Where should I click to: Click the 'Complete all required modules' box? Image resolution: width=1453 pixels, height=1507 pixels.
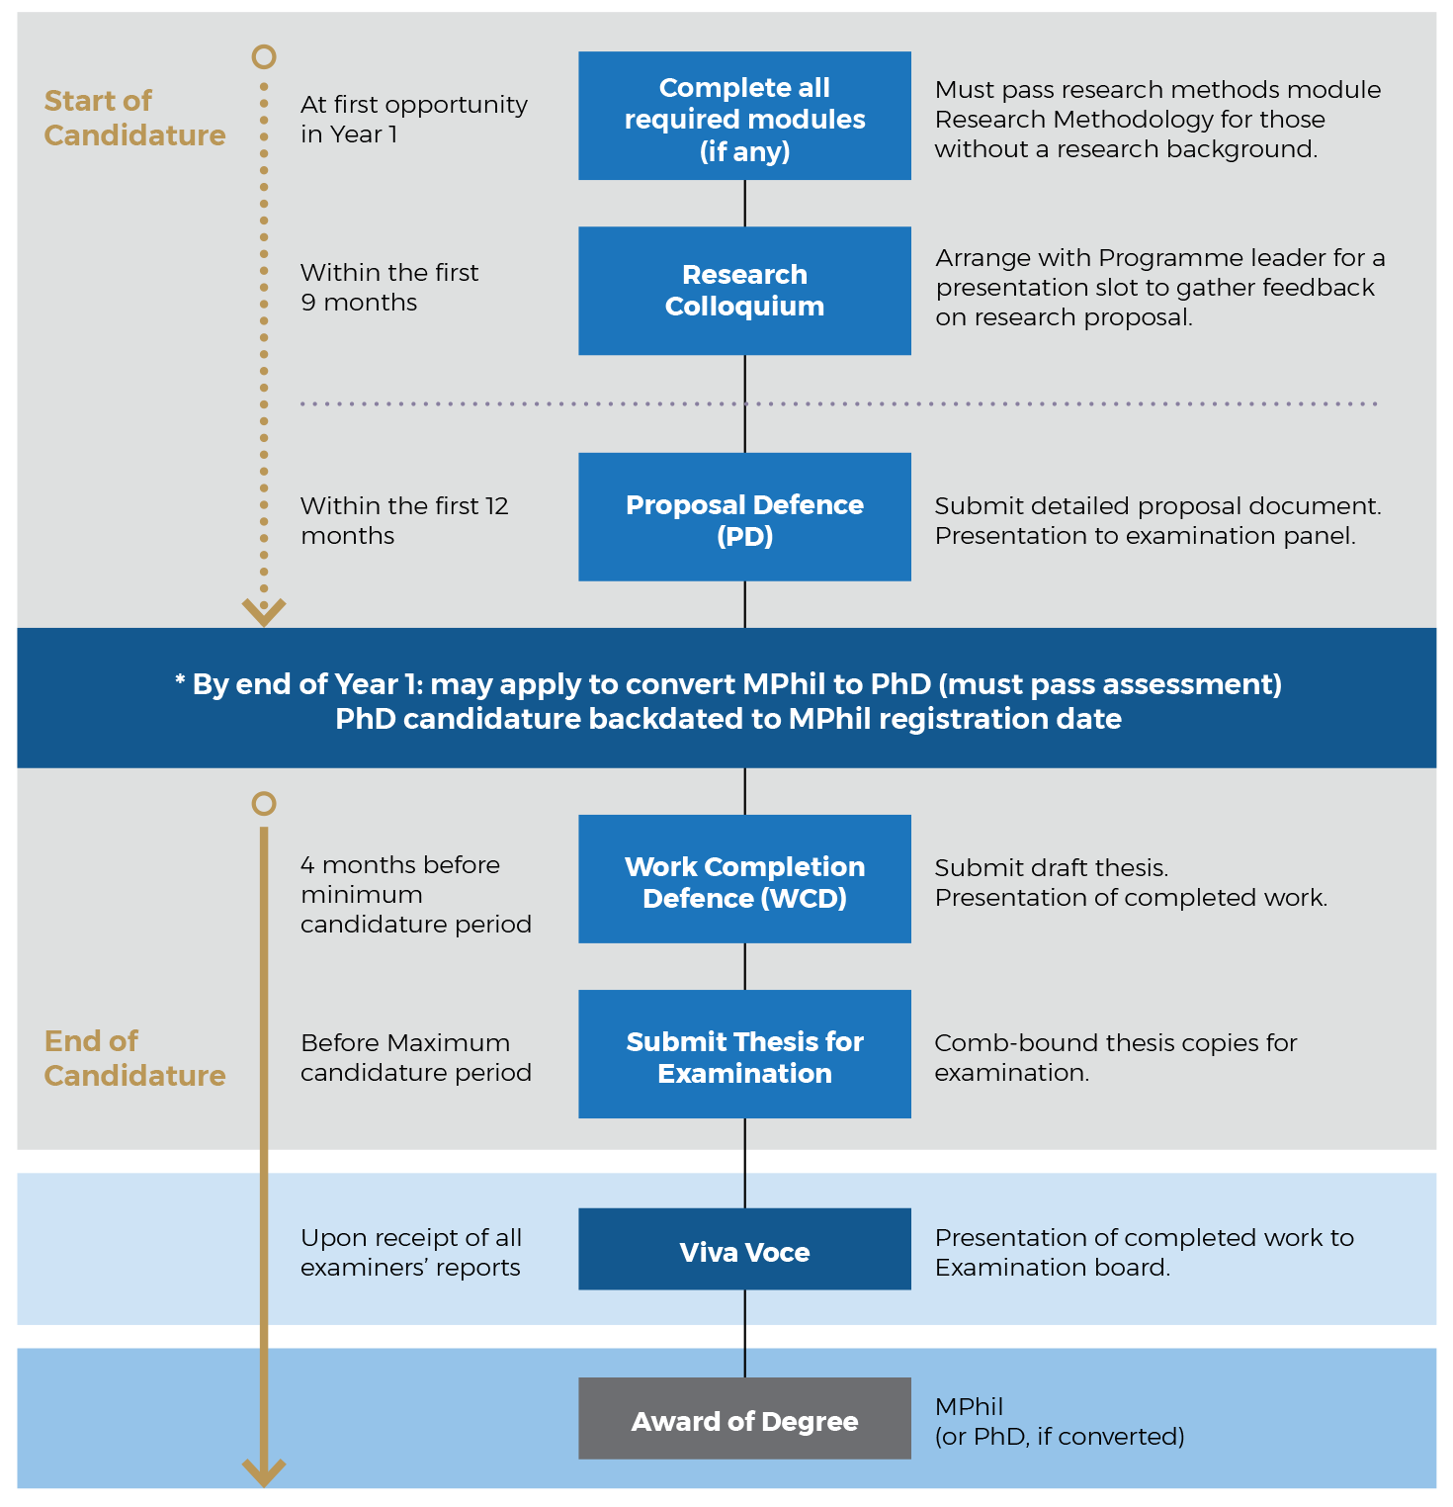tap(744, 116)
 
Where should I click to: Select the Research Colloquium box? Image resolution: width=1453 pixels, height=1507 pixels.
tap(744, 291)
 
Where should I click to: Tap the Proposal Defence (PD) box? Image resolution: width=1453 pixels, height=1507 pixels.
tap(744, 516)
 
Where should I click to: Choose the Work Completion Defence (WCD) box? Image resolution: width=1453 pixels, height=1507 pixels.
tap(744, 879)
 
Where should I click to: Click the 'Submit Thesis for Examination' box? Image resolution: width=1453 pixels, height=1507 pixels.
tap(744, 1054)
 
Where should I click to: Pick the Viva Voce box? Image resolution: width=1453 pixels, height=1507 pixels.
tap(744, 1249)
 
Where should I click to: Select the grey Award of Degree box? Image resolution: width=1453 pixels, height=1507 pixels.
tap(744, 1418)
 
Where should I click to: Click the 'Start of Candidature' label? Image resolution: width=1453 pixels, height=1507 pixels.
tap(134, 118)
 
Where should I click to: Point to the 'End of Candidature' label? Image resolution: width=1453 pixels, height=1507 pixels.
tap(134, 1058)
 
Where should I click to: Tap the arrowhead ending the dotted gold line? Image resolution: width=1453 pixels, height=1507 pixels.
tap(264, 612)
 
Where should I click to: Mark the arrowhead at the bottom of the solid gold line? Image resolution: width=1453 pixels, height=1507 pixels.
tap(264, 1472)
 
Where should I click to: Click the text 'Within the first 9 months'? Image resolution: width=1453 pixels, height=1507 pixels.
tap(389, 287)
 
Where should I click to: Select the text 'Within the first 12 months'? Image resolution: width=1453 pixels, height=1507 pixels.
tap(404, 520)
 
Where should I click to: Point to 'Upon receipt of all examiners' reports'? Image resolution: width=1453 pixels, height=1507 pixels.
tap(411, 1252)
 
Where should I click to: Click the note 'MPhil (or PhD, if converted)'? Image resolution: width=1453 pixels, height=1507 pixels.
tap(1060, 1421)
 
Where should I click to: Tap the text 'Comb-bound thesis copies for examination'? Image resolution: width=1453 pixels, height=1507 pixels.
tap(1116, 1057)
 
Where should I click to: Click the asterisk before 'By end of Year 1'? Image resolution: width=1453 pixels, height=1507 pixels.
tap(180, 679)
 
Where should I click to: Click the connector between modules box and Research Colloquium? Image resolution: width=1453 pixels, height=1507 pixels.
tap(744, 204)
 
